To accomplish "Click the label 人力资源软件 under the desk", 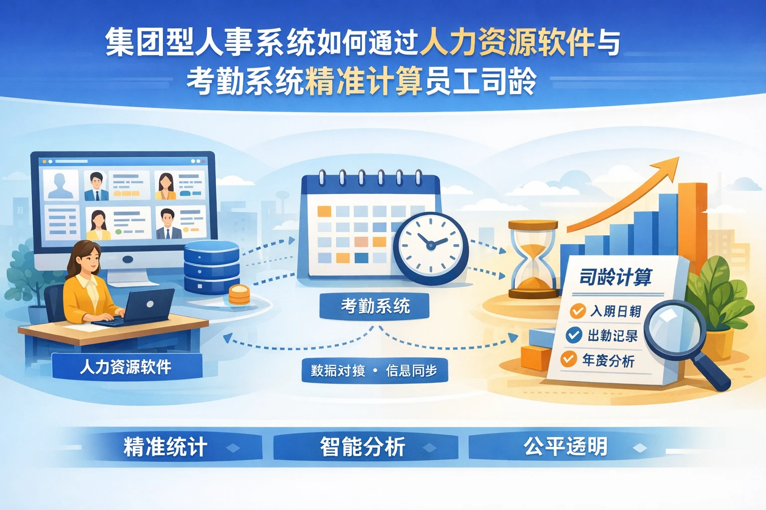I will (126, 367).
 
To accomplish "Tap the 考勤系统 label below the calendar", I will (375, 305).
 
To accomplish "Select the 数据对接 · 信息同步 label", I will (374, 371).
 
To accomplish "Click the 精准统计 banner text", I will (165, 447).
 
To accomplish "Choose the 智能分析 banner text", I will (363, 447).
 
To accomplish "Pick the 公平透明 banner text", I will (566, 446).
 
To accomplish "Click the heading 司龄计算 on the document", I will (615, 277).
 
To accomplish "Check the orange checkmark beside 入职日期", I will (577, 311).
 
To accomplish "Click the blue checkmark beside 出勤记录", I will (574, 335).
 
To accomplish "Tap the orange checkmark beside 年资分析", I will (569, 359).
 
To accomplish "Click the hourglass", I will (533, 259).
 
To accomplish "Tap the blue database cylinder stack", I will (211, 268).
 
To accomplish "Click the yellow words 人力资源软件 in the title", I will (507, 42).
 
